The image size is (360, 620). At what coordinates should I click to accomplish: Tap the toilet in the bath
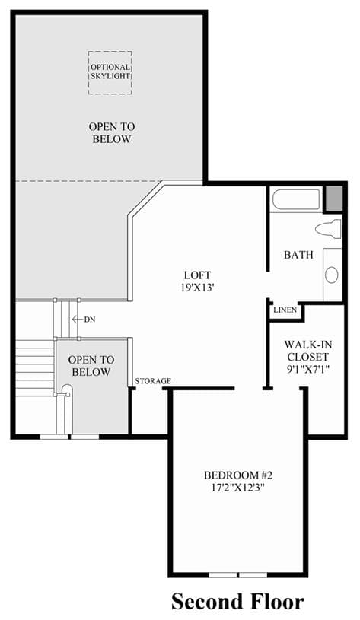point(328,229)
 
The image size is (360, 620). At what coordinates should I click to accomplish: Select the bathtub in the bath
point(296,200)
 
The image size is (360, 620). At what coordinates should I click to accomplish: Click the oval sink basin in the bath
point(332,275)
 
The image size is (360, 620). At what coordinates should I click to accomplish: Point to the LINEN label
point(285,310)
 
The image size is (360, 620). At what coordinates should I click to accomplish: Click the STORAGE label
point(153,381)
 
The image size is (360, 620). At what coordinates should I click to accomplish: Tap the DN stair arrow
point(79,319)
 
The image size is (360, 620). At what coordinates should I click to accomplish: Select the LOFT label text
point(197,275)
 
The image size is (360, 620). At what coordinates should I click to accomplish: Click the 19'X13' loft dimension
point(197,288)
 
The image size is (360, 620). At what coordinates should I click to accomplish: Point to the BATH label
point(298,255)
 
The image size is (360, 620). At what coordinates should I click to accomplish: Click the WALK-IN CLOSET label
point(307,351)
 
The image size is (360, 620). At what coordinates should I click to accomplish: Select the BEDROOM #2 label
point(238,475)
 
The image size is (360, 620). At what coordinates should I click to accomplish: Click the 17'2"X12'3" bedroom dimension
point(238,488)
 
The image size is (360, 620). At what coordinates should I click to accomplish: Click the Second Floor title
point(237,602)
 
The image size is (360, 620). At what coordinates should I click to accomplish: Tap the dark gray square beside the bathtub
point(333,198)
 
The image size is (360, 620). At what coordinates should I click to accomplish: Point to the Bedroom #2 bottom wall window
point(237,574)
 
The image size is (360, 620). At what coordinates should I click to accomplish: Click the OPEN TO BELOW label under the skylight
point(112,133)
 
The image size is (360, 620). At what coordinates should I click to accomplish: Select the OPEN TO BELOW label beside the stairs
point(91,366)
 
